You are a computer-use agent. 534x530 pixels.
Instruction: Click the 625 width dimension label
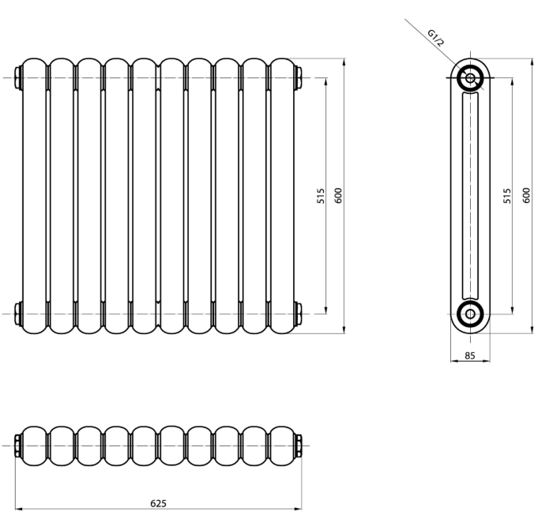[158, 503]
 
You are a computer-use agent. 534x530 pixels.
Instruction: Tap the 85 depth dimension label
[470, 355]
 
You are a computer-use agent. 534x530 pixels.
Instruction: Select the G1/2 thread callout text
[436, 38]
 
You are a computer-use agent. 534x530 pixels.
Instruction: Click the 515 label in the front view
[321, 196]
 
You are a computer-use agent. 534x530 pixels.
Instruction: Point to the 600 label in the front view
[338, 196]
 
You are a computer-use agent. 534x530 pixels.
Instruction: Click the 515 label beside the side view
[507, 196]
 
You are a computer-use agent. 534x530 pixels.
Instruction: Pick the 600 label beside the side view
[527, 196]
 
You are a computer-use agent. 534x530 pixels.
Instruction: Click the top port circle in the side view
[470, 78]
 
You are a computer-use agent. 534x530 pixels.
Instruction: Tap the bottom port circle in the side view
[470, 314]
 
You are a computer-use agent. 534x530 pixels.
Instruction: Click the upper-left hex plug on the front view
[18, 78]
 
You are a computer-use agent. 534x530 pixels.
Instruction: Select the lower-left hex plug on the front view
[18, 314]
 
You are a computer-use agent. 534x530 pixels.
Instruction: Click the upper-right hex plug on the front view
[298, 78]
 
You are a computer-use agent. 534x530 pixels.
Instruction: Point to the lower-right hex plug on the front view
[298, 314]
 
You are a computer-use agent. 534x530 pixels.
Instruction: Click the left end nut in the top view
[18, 445]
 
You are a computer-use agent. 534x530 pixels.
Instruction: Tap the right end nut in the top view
[298, 445]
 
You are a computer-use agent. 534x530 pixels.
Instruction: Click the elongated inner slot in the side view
[470, 196]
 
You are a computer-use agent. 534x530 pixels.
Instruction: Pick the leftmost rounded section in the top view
[34, 445]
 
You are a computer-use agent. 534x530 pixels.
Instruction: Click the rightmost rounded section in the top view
[282, 445]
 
